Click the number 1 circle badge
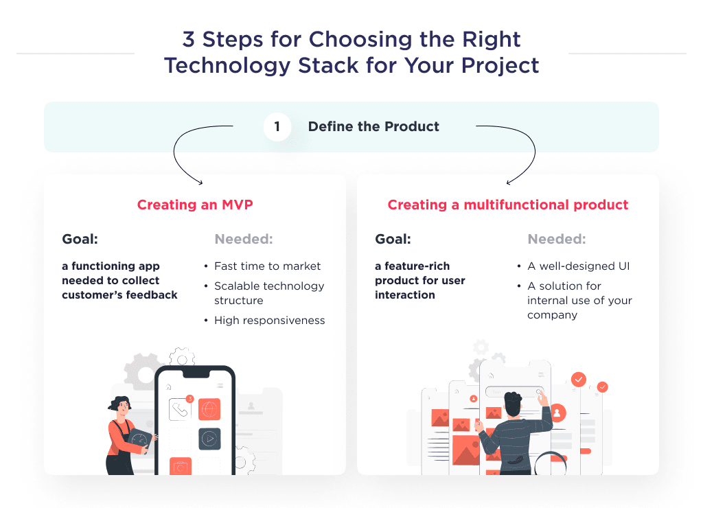point(277,127)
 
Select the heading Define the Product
point(373,127)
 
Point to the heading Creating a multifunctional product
point(508,205)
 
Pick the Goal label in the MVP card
point(80,240)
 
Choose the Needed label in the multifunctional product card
point(556,240)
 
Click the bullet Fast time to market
point(267,266)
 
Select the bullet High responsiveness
point(269,321)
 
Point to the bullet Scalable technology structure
point(268,293)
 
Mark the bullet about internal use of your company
point(579,301)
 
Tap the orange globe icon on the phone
point(209,410)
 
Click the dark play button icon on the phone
point(209,439)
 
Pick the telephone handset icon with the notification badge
point(180,410)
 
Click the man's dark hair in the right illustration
point(513,401)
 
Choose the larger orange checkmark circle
point(579,379)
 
